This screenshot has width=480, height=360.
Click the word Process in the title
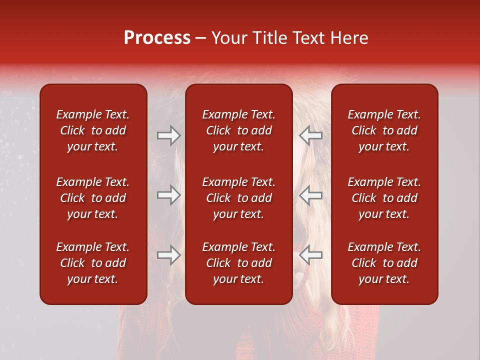coord(157,38)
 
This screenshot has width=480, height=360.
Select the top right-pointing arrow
coord(168,135)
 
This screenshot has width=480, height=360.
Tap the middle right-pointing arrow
coord(168,195)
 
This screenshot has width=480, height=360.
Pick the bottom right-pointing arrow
coord(168,255)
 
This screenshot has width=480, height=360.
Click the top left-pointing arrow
coord(311,135)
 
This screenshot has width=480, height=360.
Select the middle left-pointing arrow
coord(311,195)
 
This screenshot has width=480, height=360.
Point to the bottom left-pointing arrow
coord(311,255)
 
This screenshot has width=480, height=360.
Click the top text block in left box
coord(93,130)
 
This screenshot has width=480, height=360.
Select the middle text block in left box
coord(93,198)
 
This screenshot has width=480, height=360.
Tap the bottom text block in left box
coord(93,263)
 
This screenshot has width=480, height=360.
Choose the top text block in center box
coord(238,130)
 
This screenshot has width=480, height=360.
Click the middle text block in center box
coord(238,198)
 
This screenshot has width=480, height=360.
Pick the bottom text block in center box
coord(238,263)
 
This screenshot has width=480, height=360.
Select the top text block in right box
coord(384,130)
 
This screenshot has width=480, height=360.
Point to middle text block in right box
coord(384,198)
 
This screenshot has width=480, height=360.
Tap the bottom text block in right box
coord(384,263)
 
